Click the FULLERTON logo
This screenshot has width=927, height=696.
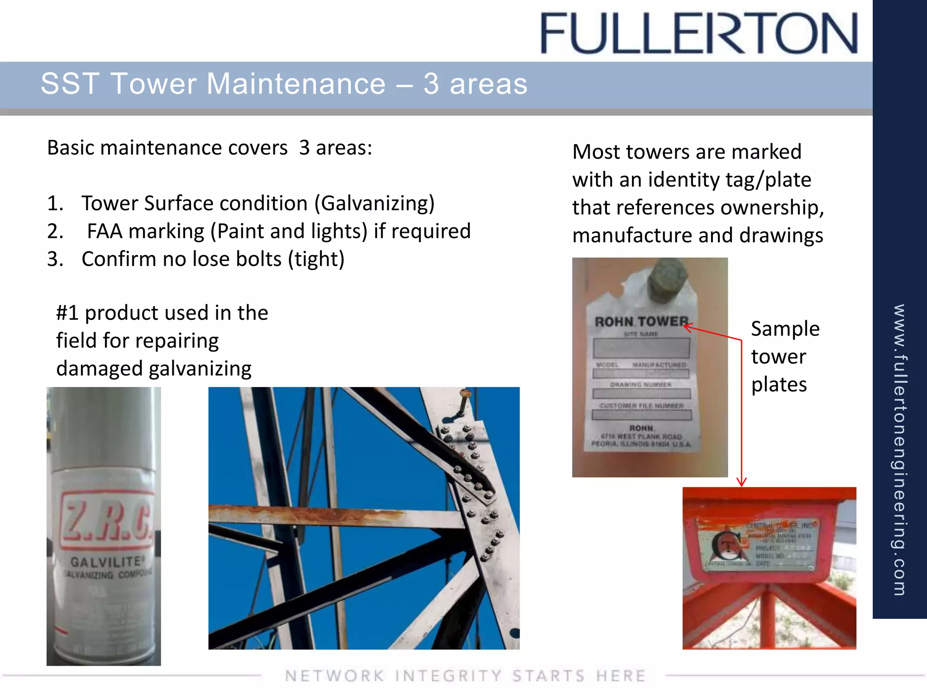click(x=699, y=34)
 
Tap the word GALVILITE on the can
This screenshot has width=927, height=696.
click(x=106, y=562)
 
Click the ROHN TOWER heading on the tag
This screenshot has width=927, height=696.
click(x=641, y=322)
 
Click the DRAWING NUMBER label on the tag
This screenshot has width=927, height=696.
click(x=641, y=385)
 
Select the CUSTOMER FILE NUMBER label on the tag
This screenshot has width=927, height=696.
click(x=641, y=406)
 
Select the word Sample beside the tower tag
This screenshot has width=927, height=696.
click(x=785, y=329)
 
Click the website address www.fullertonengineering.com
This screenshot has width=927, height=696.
click(x=899, y=449)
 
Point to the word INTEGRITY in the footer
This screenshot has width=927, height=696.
click(x=448, y=676)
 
